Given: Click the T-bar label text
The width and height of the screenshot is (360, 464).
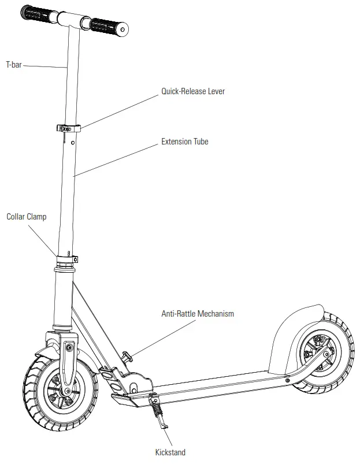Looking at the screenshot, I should (14, 65).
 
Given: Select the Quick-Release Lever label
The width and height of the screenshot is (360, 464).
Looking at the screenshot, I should (192, 91).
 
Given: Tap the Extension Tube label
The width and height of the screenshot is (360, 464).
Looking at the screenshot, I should (184, 141).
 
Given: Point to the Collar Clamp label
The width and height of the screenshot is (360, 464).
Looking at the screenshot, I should (27, 217).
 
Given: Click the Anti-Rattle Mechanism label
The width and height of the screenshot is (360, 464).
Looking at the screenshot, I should (197, 314).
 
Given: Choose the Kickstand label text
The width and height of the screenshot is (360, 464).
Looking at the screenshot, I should (170, 452).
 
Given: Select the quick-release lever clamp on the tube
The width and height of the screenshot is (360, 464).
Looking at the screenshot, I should (68, 128).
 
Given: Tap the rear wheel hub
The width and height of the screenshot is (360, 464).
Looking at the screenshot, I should (318, 357).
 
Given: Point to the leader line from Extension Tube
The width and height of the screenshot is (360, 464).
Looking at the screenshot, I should (116, 158).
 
